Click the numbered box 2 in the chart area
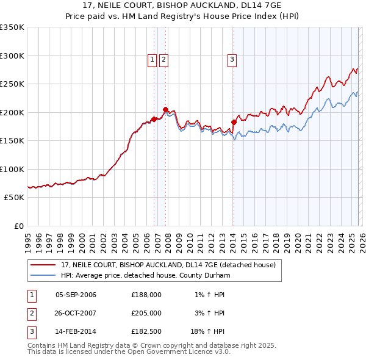pos(164,59)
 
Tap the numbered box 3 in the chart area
pos(232,59)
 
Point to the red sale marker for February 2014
pos(234,122)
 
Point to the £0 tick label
pos(18,226)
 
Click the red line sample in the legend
pos(43,265)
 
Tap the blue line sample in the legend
pos(43,276)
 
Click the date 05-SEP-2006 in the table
pos(76,295)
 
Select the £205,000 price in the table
pos(146,313)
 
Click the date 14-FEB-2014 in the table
pos(76,332)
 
